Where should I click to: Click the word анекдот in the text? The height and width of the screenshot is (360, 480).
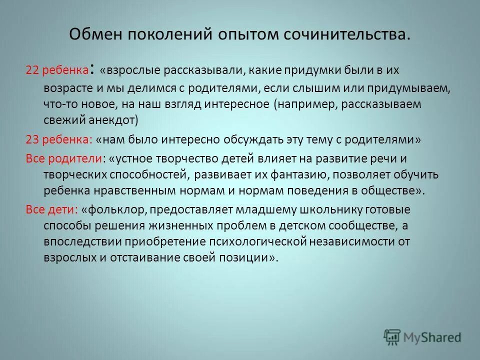tap(127, 120)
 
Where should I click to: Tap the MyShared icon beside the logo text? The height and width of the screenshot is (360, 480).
tap(392, 336)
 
